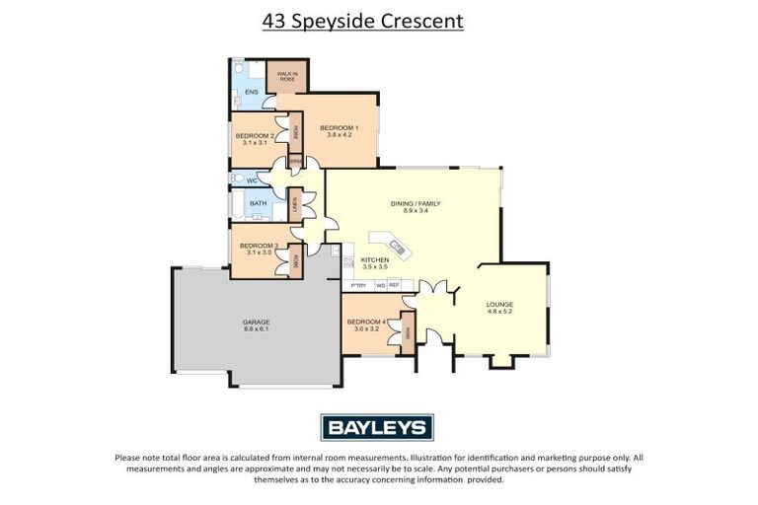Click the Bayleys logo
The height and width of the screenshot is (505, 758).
tap(378, 427)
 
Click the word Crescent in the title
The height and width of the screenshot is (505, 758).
tap(415, 20)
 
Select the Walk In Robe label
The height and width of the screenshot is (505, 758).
tap(287, 76)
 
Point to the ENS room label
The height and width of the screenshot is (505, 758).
tap(251, 93)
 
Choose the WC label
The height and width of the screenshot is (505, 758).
tap(251, 180)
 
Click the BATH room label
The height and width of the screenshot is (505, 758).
tap(258, 204)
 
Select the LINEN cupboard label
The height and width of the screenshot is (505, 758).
tap(295, 204)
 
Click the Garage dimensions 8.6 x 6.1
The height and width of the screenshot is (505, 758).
tap(256, 329)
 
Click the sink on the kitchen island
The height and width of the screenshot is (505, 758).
tap(397, 245)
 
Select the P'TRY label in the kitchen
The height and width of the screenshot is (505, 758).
tap(358, 285)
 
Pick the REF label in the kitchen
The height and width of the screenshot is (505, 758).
tap(394, 285)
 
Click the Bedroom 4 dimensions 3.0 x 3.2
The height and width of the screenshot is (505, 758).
tap(364, 328)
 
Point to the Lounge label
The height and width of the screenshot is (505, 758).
tap(499, 305)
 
